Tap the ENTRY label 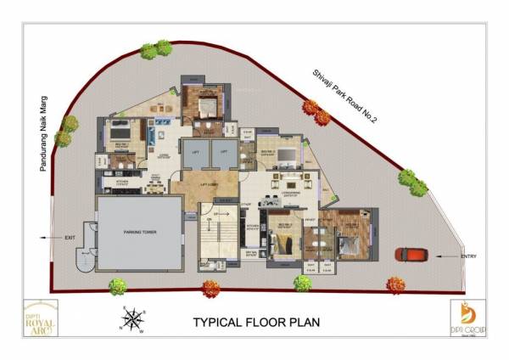point(469,256)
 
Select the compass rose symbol point(132,319)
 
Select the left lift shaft point(194,154)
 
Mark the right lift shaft point(224,154)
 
